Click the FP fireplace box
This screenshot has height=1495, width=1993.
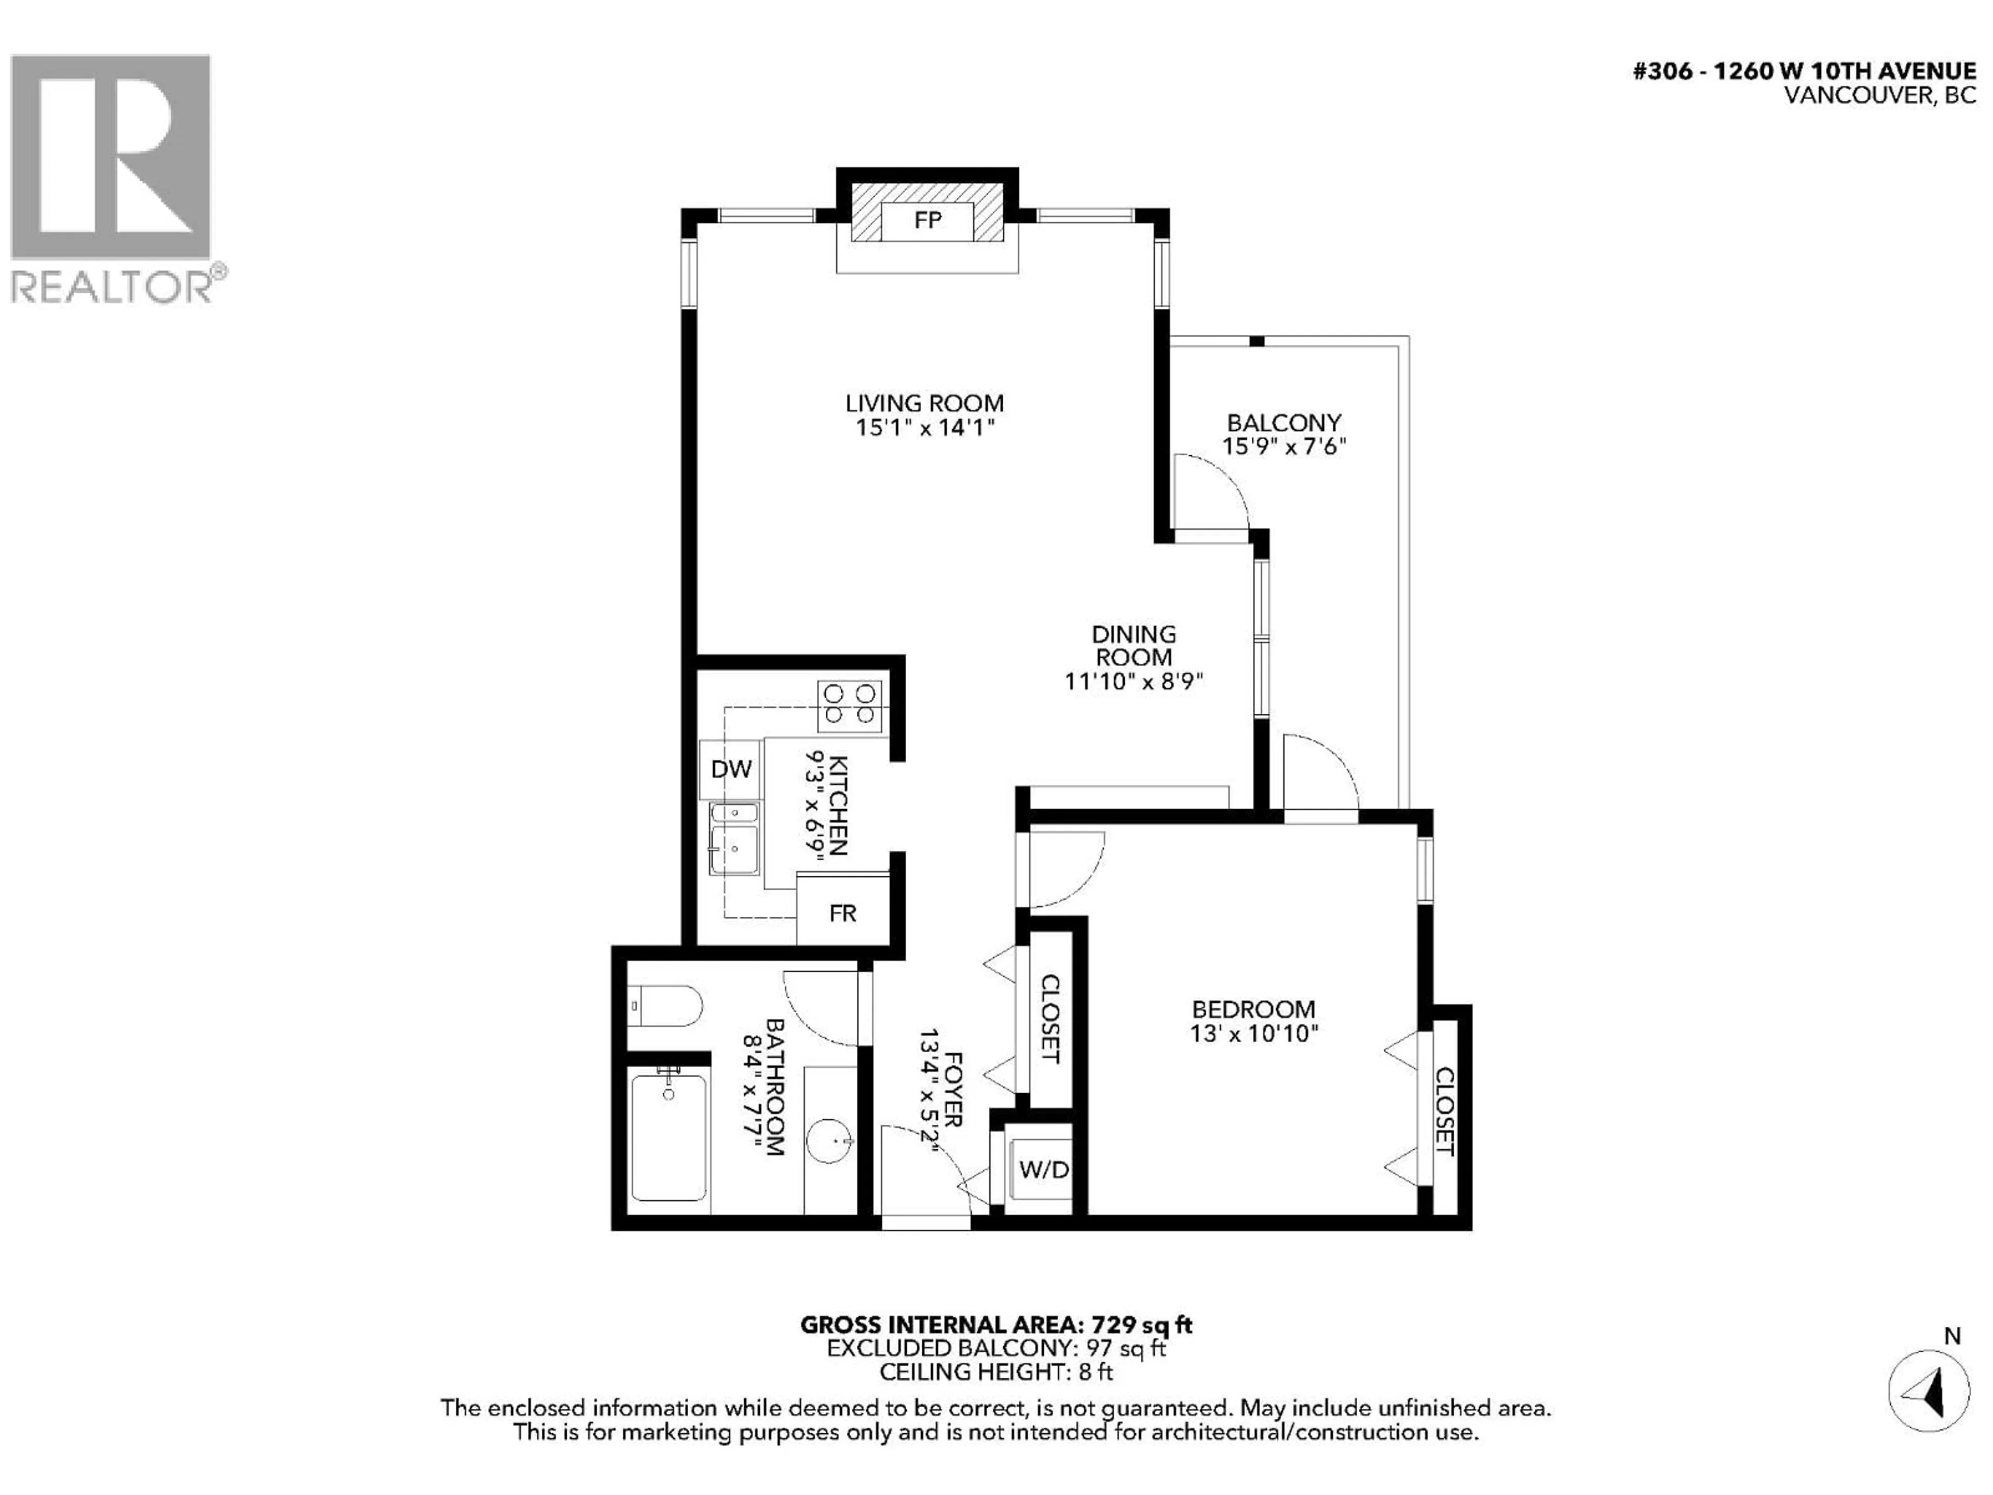(927, 221)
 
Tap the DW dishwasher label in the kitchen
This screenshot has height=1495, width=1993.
(731, 769)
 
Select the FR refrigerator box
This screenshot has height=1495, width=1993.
(842, 913)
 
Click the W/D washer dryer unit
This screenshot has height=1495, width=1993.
(1043, 1170)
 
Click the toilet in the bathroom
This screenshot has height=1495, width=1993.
(665, 1005)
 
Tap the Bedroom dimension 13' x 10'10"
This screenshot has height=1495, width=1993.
(1253, 1032)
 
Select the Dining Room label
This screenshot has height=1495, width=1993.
(1134, 645)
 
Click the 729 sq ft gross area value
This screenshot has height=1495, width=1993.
(1141, 1325)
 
